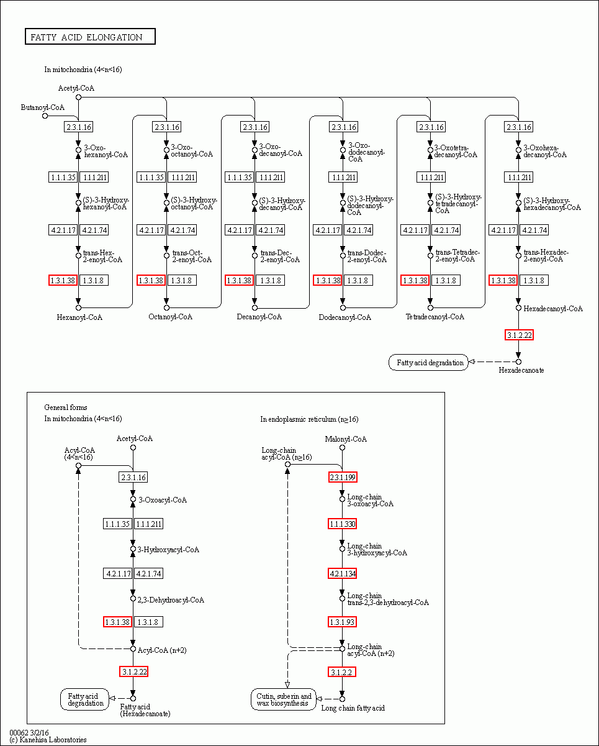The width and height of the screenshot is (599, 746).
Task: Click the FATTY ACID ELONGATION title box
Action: point(89,37)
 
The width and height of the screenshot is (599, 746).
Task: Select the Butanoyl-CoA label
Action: point(42,107)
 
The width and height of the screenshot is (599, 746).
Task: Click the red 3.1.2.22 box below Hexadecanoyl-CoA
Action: point(519,335)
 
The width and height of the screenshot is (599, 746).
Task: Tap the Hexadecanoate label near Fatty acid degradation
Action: point(521,370)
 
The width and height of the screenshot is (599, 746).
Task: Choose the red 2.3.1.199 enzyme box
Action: point(343,477)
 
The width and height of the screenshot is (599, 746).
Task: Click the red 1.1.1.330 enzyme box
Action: point(343,524)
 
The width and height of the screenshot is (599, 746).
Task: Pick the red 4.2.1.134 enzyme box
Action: point(343,573)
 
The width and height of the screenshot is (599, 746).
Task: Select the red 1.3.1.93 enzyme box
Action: point(343,622)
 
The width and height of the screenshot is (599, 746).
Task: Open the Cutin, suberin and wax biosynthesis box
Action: point(284,699)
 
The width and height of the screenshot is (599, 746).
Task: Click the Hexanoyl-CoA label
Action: point(79,317)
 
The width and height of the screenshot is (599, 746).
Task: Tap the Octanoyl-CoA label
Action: point(170,317)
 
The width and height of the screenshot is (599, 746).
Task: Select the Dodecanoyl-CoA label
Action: point(345,317)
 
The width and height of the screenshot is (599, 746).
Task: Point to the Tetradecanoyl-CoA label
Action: point(435,317)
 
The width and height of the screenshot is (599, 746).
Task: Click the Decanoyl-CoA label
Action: point(259,317)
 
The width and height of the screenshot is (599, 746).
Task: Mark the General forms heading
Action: point(66,407)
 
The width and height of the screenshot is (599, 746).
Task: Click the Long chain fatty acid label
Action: point(353,708)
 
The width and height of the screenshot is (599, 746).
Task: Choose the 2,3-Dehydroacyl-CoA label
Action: point(171,600)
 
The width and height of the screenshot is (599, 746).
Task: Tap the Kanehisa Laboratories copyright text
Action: point(48,740)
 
